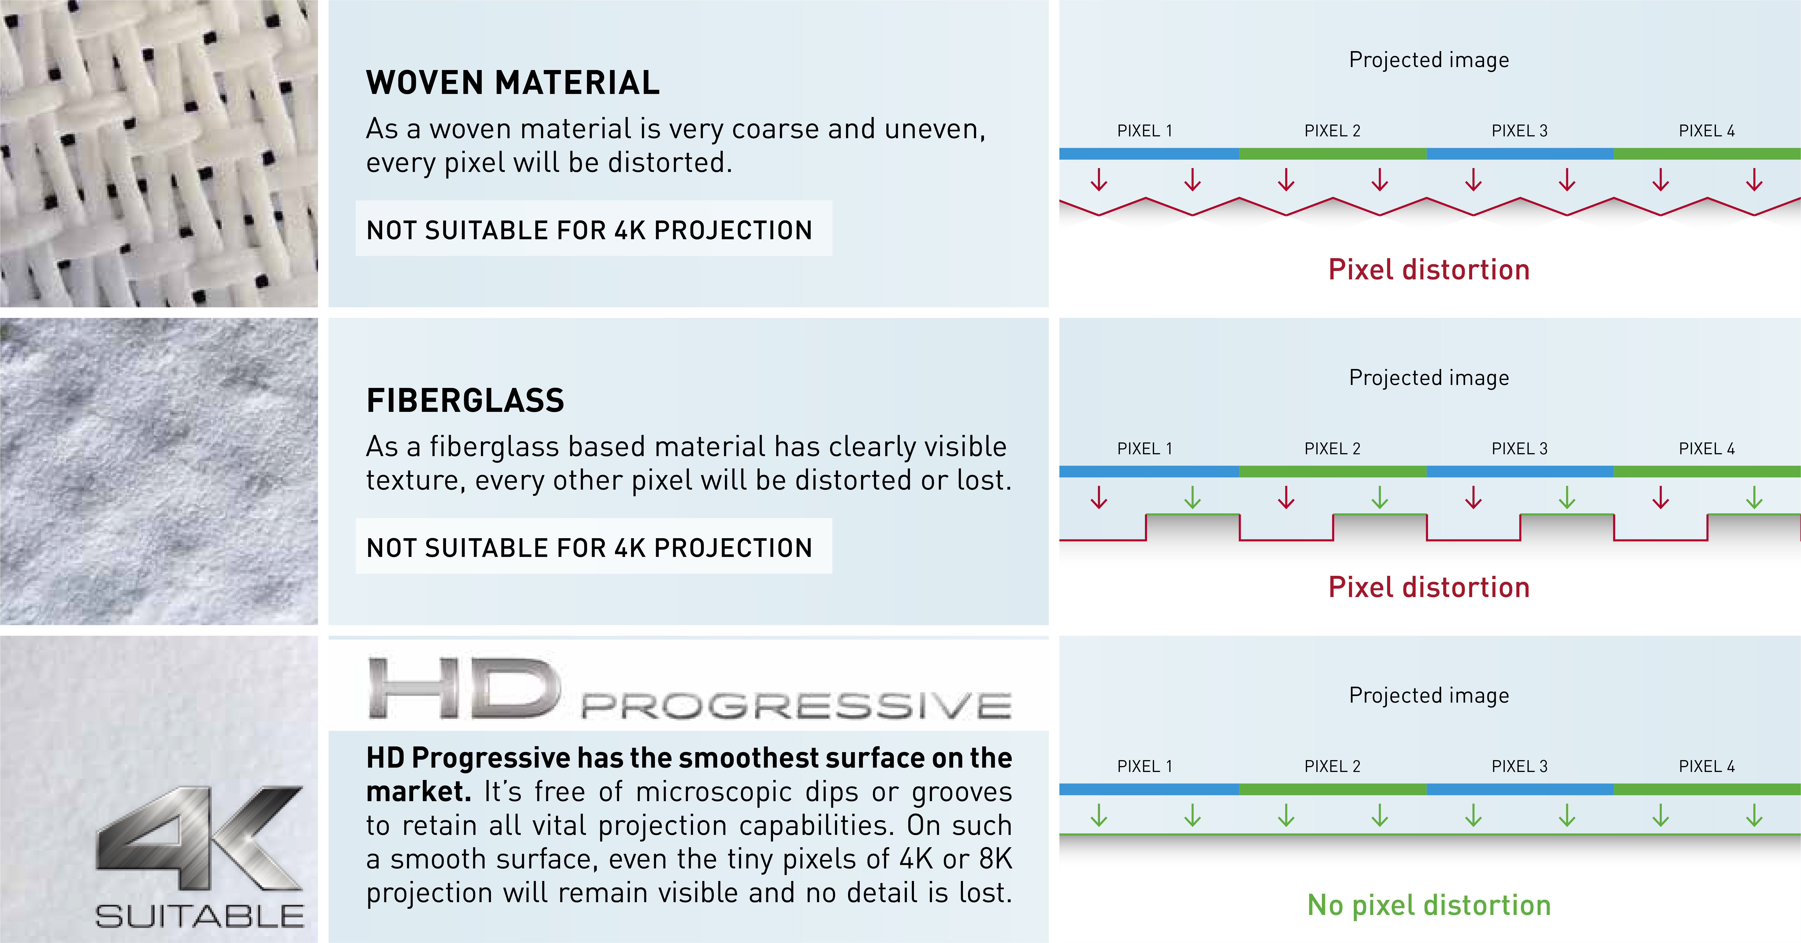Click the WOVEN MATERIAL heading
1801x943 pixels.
(512, 83)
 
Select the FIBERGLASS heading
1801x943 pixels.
(465, 400)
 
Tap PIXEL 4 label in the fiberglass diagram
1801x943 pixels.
(1707, 449)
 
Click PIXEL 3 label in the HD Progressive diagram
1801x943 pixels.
(1519, 766)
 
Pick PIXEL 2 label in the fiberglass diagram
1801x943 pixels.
(1332, 449)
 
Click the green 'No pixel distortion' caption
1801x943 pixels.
(1429, 905)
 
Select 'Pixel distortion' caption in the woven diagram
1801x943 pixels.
(1429, 269)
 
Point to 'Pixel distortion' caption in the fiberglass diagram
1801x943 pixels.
(1429, 587)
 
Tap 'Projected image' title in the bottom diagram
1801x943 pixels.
(1429, 696)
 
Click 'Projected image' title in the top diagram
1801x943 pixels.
(1429, 60)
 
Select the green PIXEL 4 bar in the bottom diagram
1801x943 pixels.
(1707, 789)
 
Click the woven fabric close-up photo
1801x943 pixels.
(159, 153)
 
